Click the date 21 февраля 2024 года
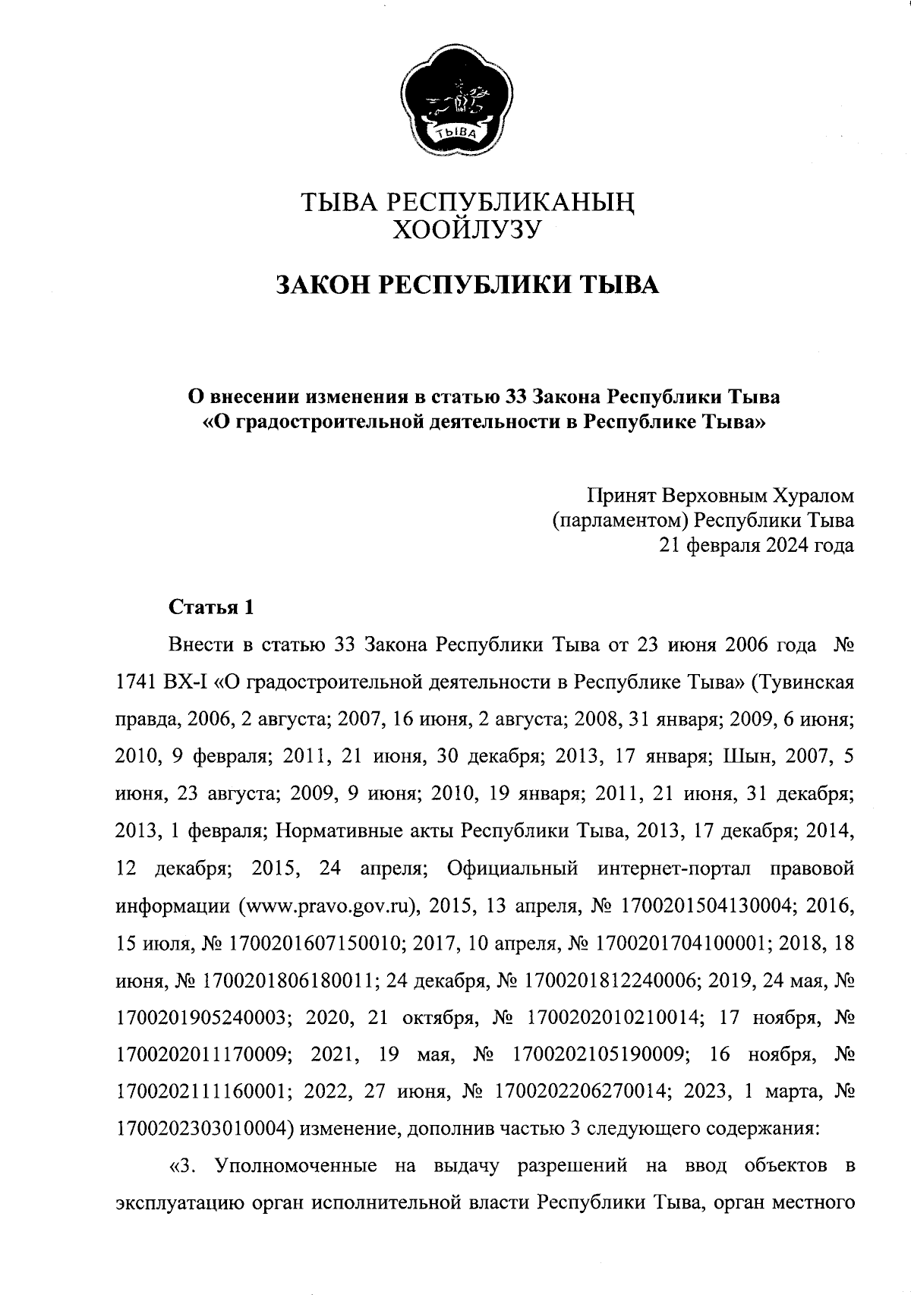click(756, 545)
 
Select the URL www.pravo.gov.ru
click(330, 906)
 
